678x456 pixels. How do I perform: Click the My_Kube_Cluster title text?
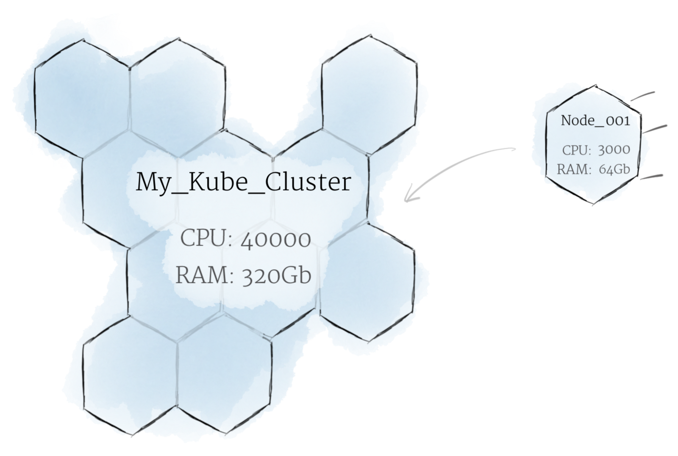point(243,182)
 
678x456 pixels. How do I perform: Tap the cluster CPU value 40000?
point(275,240)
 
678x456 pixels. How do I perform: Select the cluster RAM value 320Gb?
point(276,276)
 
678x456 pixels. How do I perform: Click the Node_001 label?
point(595,121)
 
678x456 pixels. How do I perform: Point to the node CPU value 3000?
point(614,150)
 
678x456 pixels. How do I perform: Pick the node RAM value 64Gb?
point(614,169)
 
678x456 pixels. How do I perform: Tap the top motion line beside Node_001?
point(643,96)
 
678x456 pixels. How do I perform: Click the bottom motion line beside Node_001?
point(651,176)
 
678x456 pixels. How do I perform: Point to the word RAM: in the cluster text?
point(205,276)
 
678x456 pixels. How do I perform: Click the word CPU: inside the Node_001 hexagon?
point(576,150)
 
